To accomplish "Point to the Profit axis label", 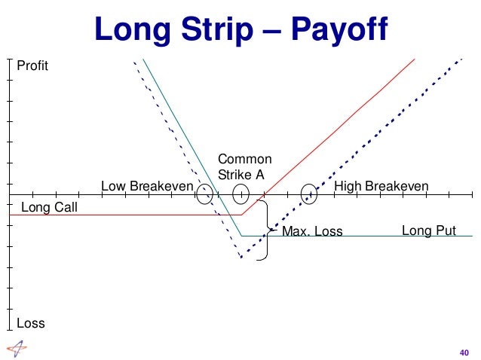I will coord(32,66).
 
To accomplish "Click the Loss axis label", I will coord(31,324).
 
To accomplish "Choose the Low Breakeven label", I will coord(147,186).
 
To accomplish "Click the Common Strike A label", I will coord(244,166).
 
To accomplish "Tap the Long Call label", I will coord(50,206).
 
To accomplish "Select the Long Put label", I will coord(429,230).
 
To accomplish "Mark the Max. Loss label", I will coord(312,231).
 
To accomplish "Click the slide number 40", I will coord(464,351).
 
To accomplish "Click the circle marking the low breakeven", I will coord(204,195).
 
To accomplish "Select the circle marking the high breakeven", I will coord(308,195).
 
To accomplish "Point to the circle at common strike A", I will coord(240,194).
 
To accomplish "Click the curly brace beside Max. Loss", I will coord(264,229).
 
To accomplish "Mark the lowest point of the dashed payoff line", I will coord(241,258).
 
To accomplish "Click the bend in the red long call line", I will coord(241,215).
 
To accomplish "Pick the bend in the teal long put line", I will coord(241,236).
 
